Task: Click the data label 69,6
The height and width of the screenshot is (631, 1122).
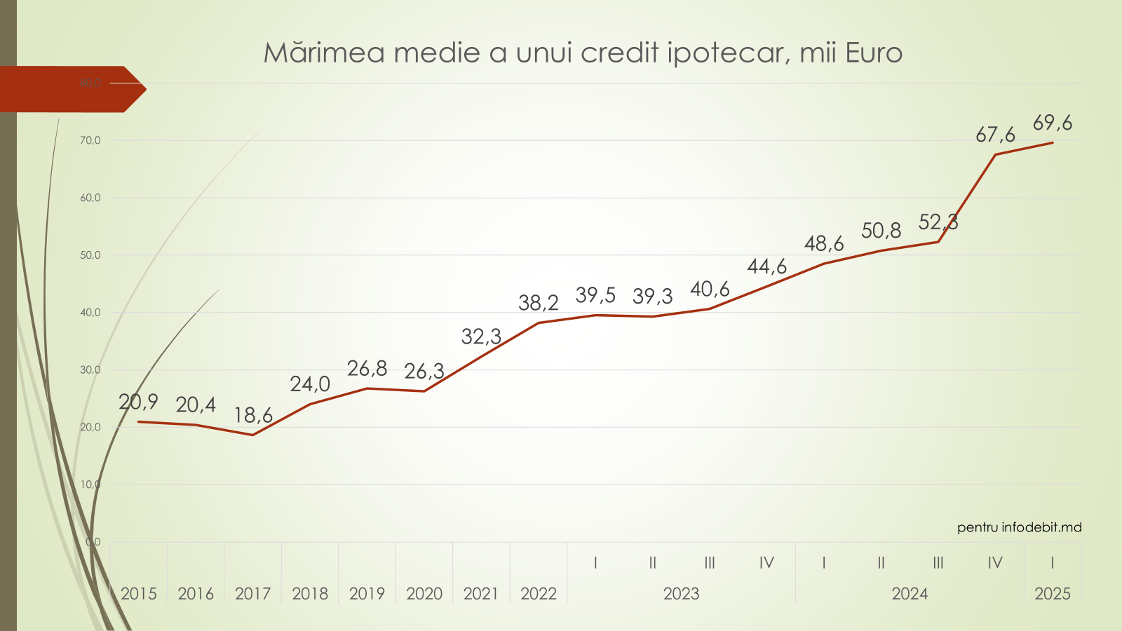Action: (x=1052, y=123)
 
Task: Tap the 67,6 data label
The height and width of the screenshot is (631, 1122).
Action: (x=995, y=135)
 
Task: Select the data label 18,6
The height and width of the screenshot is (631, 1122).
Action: (x=252, y=416)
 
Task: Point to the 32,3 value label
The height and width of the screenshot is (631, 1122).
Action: (x=481, y=337)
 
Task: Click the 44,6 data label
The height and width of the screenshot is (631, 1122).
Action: (x=766, y=266)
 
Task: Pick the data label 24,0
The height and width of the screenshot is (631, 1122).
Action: (x=310, y=384)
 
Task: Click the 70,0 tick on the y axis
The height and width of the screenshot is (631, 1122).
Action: (x=90, y=140)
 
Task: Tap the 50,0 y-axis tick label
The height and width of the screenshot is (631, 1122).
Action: (x=90, y=255)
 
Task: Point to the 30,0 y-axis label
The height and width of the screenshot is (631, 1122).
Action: (x=90, y=369)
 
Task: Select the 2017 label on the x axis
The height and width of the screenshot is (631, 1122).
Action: (x=252, y=594)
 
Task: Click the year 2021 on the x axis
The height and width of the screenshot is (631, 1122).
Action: (x=481, y=594)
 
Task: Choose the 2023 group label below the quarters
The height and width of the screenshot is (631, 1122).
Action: (x=681, y=594)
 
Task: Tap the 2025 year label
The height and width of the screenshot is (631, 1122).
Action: (x=1052, y=594)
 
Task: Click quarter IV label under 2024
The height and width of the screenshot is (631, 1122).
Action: (x=994, y=562)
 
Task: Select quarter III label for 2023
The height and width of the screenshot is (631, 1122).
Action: (x=710, y=562)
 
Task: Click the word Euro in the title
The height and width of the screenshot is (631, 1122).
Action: (x=874, y=53)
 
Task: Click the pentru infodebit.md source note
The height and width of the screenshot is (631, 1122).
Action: (x=1019, y=527)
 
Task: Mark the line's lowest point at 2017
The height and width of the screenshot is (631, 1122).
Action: (x=252, y=435)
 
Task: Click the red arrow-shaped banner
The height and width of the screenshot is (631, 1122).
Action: (x=70, y=89)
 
